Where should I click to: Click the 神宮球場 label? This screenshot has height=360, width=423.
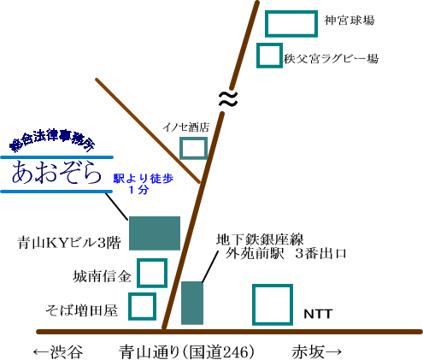click(350, 21)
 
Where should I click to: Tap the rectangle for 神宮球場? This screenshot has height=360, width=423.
click(291, 12)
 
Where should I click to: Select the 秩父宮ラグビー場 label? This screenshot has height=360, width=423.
click(331, 59)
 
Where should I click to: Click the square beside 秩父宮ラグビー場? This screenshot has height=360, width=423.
click(269, 44)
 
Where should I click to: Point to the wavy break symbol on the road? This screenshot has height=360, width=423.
click(228, 98)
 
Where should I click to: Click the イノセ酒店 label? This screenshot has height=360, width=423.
click(186, 127)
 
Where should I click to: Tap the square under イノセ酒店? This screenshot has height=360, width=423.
click(193, 139)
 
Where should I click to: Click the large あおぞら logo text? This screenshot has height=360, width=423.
click(56, 173)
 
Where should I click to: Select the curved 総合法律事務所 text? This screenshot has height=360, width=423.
click(52, 140)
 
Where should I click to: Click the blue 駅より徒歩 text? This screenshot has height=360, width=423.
click(144, 179)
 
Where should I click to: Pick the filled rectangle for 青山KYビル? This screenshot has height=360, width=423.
click(155, 233)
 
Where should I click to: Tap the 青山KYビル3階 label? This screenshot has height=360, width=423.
click(69, 243)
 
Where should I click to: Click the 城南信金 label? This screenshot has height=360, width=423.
click(102, 276)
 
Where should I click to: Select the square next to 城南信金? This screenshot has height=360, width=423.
click(152, 260)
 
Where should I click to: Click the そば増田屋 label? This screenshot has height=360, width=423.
click(82, 310)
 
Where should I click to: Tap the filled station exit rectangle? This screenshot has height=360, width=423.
click(192, 303)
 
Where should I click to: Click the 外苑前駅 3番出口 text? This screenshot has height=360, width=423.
click(285, 253)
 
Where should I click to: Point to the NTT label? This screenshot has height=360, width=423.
click(318, 314)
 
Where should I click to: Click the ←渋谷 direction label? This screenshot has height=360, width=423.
click(58, 352)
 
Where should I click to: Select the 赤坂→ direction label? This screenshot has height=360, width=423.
click(316, 352)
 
